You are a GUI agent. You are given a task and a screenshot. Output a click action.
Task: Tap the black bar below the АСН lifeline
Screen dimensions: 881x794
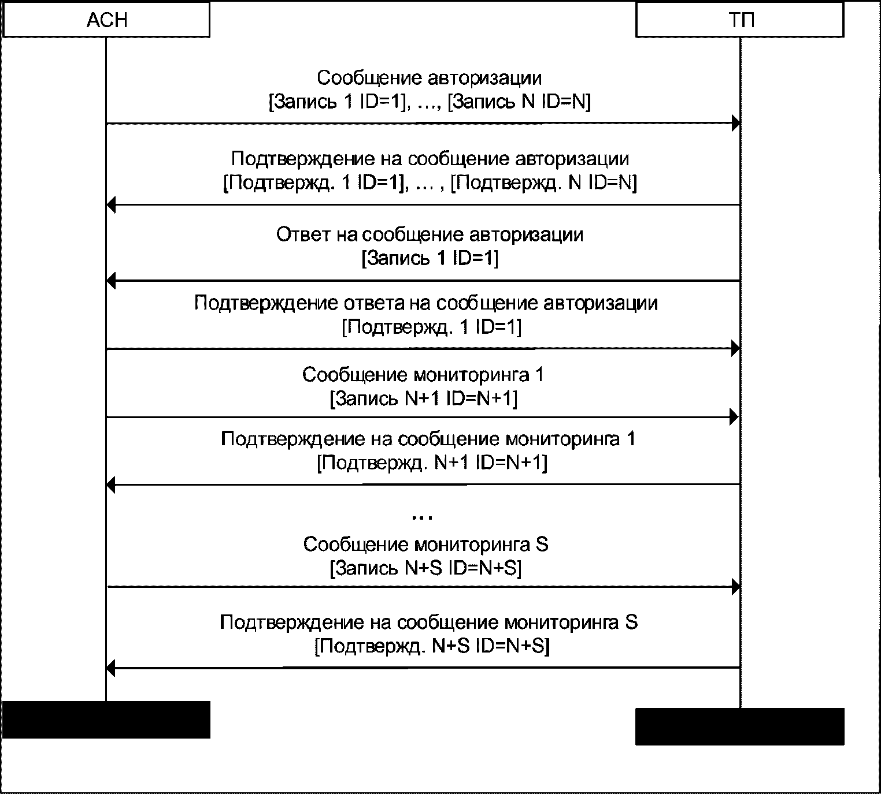(106, 720)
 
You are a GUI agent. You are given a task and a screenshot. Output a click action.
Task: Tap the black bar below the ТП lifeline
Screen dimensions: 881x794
(739, 726)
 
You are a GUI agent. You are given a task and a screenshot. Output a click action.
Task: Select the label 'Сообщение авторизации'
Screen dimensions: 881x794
(430, 78)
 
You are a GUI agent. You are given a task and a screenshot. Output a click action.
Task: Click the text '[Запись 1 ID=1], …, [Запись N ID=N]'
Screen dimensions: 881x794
(430, 102)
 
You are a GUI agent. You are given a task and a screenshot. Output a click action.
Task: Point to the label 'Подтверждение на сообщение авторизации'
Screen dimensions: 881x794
(430, 159)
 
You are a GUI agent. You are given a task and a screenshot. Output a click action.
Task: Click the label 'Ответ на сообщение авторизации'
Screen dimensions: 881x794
(430, 234)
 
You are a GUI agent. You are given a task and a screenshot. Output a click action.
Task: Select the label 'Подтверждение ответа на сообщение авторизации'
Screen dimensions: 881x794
(426, 303)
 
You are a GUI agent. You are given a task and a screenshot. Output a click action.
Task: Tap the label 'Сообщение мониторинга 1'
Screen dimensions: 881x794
(423, 375)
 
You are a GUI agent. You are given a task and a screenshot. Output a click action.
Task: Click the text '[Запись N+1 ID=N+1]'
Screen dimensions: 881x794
(423, 399)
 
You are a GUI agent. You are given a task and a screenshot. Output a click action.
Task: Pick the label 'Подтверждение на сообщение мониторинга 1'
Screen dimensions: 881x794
(428, 439)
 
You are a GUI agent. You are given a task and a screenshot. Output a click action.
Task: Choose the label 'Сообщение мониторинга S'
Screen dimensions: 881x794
(426, 545)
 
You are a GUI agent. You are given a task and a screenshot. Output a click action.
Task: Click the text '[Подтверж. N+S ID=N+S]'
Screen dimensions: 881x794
(432, 646)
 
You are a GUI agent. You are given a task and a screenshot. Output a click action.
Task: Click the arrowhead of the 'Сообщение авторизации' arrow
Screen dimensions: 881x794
(735, 123)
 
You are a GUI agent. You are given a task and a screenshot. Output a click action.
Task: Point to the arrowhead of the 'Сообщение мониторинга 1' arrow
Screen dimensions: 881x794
(735, 416)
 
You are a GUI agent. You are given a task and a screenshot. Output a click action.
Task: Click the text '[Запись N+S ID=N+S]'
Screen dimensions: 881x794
(425, 569)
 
